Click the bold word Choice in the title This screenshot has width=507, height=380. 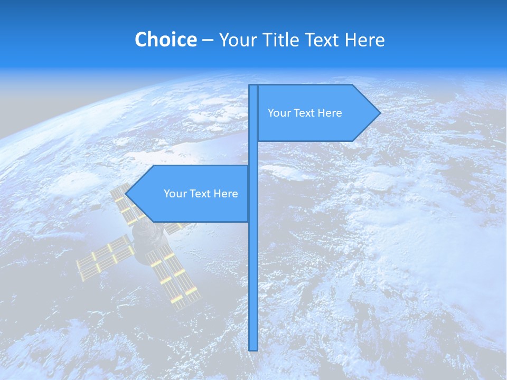tap(165, 40)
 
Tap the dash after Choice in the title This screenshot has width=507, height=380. tap(208, 40)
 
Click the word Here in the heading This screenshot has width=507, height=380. tap(364, 40)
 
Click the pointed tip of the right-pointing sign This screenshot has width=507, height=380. tap(379, 112)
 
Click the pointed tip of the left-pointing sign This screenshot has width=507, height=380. tap(126, 194)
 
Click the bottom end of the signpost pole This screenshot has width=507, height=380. tap(253, 348)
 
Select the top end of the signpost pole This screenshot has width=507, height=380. tap(253, 87)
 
